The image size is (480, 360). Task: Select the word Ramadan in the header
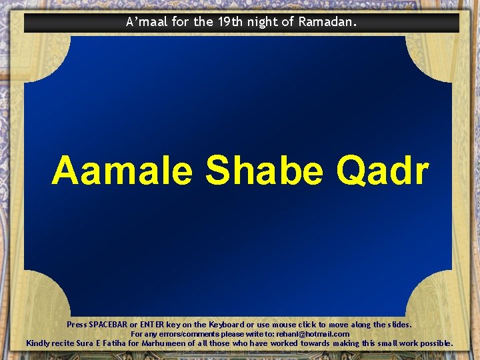point(327,22)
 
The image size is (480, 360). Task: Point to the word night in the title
point(263,22)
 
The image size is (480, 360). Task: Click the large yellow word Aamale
point(122,171)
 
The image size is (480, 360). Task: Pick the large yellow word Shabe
point(266,171)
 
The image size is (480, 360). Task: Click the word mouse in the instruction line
point(300,325)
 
